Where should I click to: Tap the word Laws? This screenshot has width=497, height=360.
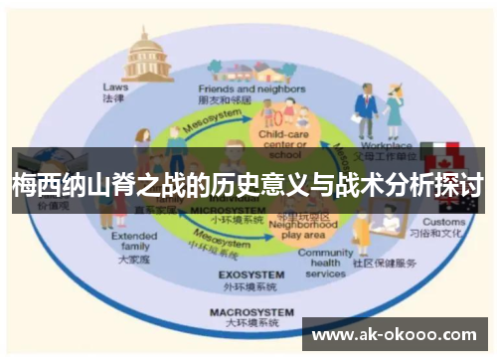point(115,87)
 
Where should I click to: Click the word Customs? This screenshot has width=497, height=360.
point(442,221)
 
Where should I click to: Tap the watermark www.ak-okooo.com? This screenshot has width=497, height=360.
point(395,335)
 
